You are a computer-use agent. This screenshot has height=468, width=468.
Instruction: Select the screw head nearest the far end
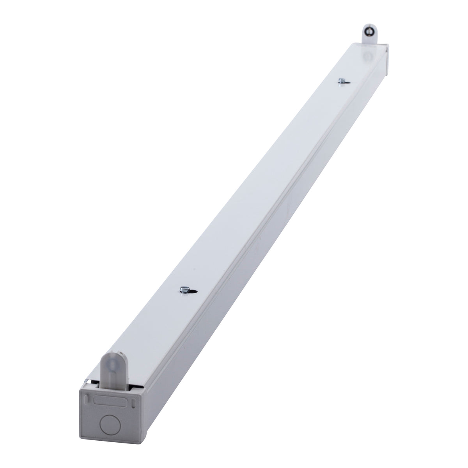[341, 81]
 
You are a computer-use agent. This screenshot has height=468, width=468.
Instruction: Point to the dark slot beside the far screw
[347, 82]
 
